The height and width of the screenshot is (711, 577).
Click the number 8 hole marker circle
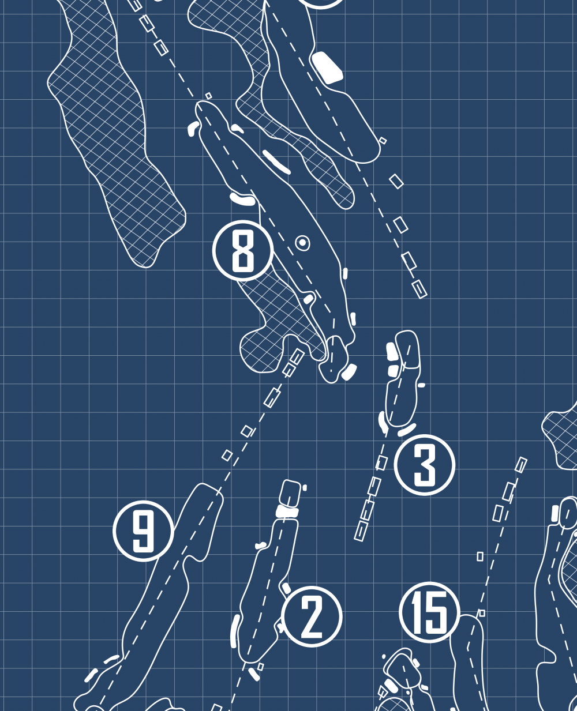243,250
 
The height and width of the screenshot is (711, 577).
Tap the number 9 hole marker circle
143,531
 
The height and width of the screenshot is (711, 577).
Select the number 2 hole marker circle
312,616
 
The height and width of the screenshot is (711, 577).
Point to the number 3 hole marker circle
425,465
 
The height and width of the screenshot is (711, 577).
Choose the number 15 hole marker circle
430,612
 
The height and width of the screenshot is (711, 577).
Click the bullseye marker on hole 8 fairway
302,243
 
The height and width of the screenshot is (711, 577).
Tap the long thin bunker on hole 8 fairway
276,162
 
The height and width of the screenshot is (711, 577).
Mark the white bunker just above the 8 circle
243,199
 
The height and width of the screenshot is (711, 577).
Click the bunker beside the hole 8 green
349,371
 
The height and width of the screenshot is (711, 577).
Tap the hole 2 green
290,492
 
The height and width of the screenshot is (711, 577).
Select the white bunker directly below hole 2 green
287,511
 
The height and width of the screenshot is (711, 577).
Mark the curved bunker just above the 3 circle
407,430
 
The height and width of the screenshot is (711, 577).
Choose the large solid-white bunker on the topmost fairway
327,67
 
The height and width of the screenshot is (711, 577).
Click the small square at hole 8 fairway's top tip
209,96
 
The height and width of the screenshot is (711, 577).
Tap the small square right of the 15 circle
481,613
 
